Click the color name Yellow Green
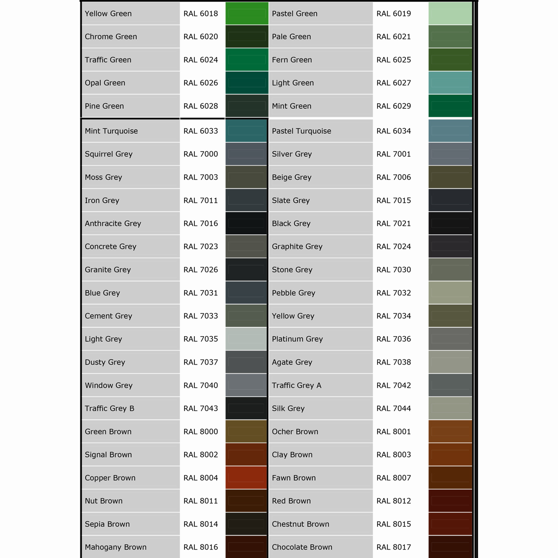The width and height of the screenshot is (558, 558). click(x=108, y=13)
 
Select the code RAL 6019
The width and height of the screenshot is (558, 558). click(x=393, y=13)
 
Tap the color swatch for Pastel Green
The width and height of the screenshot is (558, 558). click(x=450, y=13)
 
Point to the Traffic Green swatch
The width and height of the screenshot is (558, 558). click(x=247, y=60)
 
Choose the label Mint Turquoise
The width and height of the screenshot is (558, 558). click(x=111, y=131)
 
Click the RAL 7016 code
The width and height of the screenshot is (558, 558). click(x=200, y=223)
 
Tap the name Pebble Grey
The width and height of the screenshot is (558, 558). click(x=293, y=293)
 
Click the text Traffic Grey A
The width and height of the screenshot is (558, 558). click(x=296, y=385)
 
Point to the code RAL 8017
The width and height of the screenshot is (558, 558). click(x=393, y=547)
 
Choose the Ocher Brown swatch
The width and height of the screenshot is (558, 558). click(x=450, y=432)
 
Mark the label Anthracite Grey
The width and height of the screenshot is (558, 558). click(x=113, y=223)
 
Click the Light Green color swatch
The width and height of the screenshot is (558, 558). click(x=450, y=83)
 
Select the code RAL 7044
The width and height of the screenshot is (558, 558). click(x=393, y=408)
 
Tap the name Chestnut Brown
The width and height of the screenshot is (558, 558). click(x=300, y=524)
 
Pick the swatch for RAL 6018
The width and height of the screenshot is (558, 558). click(x=247, y=13)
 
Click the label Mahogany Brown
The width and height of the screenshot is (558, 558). click(x=115, y=547)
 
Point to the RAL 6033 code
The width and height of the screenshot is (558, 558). click(x=200, y=131)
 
